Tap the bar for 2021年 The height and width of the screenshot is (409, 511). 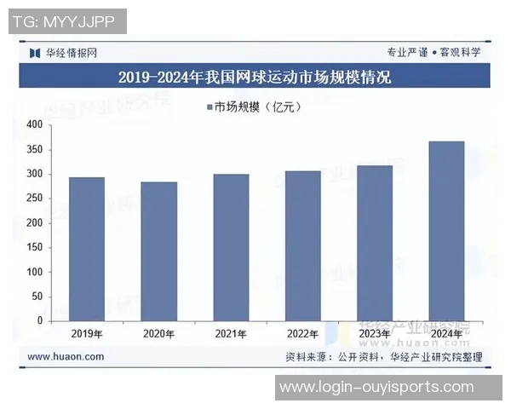coord(231,247)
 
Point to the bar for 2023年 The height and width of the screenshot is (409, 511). coord(374,243)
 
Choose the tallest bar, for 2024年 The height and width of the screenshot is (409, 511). coord(446,231)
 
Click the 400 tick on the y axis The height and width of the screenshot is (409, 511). coord(34,125)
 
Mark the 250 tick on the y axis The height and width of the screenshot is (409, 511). coord(34,199)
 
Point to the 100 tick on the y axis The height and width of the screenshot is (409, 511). coord(34,272)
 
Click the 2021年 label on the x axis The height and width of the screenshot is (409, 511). coord(231,333)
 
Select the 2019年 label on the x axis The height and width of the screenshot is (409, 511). coord(87,333)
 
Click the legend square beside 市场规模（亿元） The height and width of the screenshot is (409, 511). coord(209,107)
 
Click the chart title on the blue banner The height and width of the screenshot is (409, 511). coord(255,78)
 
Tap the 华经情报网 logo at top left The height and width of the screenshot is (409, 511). coord(63,52)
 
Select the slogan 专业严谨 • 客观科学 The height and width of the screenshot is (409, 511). coord(433,52)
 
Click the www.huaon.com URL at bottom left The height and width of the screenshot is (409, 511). coord(66,357)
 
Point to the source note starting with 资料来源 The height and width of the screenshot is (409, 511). coord(383,357)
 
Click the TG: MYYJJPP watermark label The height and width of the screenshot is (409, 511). coord(67,21)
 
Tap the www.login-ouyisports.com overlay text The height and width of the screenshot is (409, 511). coord(376,388)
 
